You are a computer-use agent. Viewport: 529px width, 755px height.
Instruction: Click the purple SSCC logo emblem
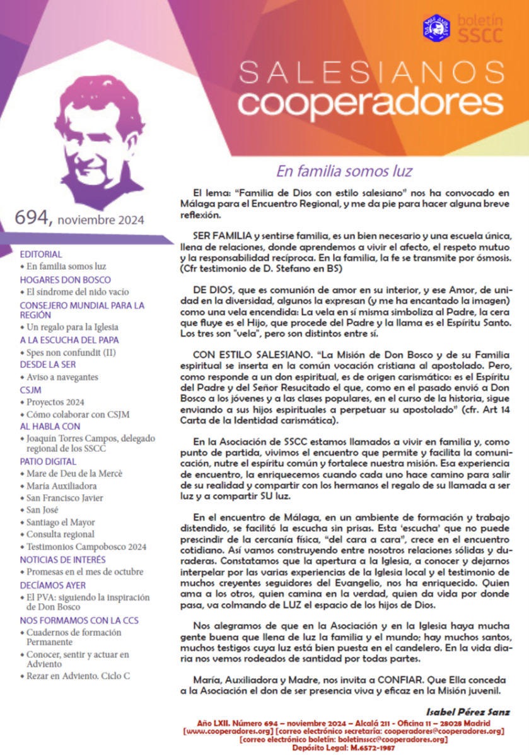436,27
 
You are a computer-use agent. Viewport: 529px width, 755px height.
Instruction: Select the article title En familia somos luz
344,171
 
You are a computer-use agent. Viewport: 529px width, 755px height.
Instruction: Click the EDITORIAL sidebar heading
41,255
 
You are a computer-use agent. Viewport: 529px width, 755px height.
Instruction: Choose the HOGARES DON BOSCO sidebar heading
66,279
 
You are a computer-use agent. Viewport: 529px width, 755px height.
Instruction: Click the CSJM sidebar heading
31,389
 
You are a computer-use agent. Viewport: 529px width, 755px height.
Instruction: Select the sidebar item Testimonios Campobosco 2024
86,546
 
